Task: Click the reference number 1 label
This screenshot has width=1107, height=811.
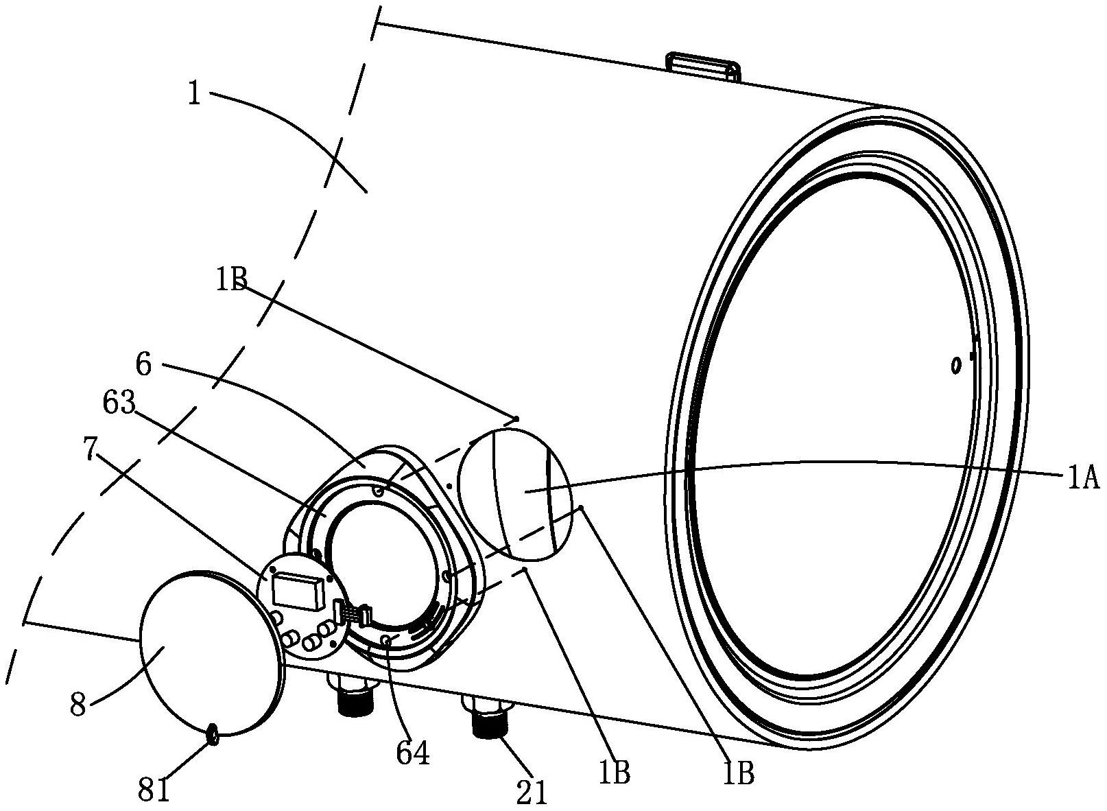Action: (x=195, y=95)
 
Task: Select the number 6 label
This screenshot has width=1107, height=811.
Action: (x=143, y=364)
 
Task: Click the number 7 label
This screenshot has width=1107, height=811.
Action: (x=90, y=451)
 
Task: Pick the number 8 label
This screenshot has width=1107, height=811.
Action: (x=78, y=705)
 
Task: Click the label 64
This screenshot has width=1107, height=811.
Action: (x=413, y=754)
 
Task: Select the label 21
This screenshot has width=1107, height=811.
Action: (x=532, y=792)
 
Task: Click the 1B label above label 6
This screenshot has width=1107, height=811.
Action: (x=231, y=280)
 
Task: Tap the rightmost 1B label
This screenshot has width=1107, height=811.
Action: (x=739, y=773)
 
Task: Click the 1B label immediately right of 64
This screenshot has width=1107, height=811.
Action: (x=615, y=773)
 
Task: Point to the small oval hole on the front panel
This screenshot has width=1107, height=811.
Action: (x=954, y=366)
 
